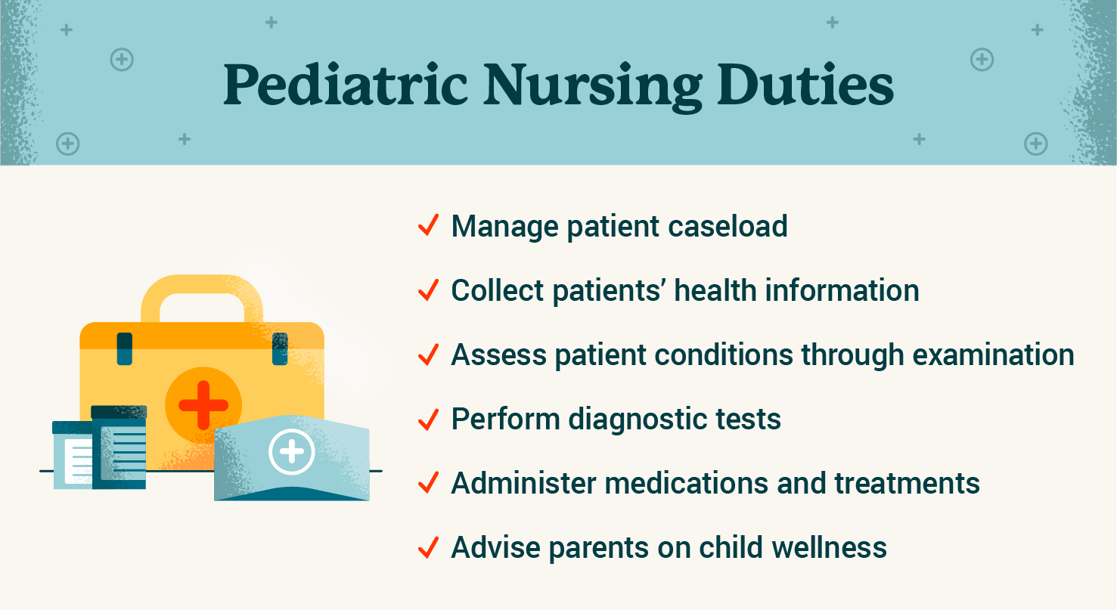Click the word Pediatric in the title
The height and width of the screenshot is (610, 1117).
pyautogui.click(x=346, y=85)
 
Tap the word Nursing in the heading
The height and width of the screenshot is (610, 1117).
pyautogui.click(x=593, y=88)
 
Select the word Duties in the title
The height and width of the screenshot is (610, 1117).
pyautogui.click(x=805, y=85)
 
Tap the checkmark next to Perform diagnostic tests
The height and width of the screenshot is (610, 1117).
pyautogui.click(x=428, y=419)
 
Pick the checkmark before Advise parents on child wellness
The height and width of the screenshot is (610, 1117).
pyautogui.click(x=428, y=547)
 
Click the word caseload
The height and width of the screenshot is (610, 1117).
pyautogui.click(x=728, y=226)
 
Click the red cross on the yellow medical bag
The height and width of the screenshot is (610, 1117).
pyautogui.click(x=203, y=405)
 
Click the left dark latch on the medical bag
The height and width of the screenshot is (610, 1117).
pyautogui.click(x=125, y=348)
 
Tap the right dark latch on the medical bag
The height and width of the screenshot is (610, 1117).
pyautogui.click(x=280, y=348)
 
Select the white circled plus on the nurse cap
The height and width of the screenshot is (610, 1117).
pyautogui.click(x=292, y=452)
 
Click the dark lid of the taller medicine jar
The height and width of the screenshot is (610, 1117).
pyautogui.click(x=119, y=412)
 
